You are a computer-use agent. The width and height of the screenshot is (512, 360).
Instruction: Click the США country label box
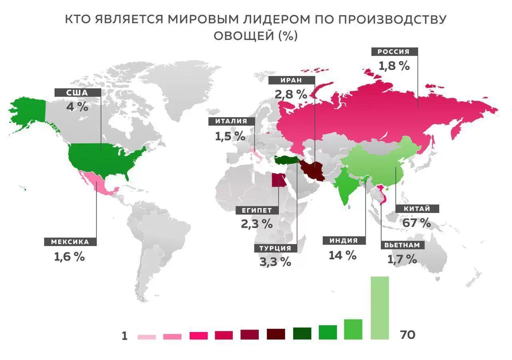pyautogui.click(x=78, y=92)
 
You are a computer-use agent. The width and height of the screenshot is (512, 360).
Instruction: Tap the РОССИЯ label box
pyautogui.click(x=395, y=52)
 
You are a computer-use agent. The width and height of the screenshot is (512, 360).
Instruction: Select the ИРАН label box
pyautogui.click(x=290, y=80)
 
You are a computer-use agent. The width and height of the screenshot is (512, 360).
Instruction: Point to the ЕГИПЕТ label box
pyautogui.click(x=257, y=210)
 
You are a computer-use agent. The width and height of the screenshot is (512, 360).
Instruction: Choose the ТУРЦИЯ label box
pyautogui.click(x=275, y=248)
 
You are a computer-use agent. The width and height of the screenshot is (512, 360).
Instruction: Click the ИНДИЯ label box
pyautogui.click(x=343, y=241)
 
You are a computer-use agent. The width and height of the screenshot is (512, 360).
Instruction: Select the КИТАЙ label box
pyautogui.click(x=416, y=209)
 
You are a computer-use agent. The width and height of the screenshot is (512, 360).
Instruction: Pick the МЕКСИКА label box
pyautogui.click(x=70, y=242)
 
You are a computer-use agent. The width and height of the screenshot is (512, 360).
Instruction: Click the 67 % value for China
pyautogui.click(x=417, y=222)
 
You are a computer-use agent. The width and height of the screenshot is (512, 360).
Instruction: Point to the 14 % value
pyautogui.click(x=342, y=255)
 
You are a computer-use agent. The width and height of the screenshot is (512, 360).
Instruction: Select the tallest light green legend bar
pyautogui.click(x=380, y=308)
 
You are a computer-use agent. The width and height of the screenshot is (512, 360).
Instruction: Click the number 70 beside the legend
pyautogui.click(x=408, y=335)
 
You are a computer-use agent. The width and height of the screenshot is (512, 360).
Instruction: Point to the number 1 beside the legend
pyautogui.click(x=124, y=336)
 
